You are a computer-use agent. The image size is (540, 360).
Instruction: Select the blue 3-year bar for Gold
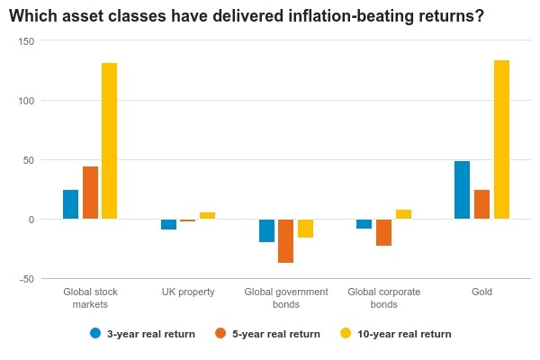click(x=462, y=190)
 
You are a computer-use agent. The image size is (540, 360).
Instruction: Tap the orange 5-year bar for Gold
click(x=481, y=204)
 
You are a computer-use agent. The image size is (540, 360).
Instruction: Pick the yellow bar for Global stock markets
click(x=110, y=141)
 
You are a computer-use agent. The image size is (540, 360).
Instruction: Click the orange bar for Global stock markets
click(x=90, y=193)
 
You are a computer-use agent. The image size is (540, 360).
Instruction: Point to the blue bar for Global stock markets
click(x=70, y=204)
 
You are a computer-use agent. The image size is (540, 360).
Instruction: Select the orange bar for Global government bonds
click(x=286, y=241)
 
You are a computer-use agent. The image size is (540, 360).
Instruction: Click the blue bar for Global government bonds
click(x=266, y=230)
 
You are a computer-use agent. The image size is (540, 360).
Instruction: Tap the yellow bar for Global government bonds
click(x=305, y=229)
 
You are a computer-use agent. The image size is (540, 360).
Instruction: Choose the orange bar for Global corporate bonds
click(x=383, y=232)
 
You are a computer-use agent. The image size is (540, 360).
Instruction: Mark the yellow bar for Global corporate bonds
click(x=403, y=214)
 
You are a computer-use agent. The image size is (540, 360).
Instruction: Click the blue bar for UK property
click(x=168, y=224)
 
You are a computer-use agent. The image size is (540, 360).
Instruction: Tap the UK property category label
click(x=188, y=292)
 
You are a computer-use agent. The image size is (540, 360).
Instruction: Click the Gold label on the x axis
click(x=481, y=292)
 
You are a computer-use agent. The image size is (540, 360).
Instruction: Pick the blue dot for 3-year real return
click(x=95, y=333)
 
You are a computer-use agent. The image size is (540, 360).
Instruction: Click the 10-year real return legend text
click(x=405, y=334)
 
